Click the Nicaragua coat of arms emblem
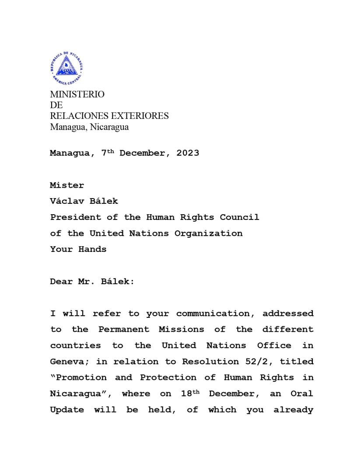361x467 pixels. click(67, 68)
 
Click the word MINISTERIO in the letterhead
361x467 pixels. click(77, 94)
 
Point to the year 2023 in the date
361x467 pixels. click(188, 153)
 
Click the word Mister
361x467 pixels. click(67, 185)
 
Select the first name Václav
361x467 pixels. click(67, 201)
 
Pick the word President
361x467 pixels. click(75, 217)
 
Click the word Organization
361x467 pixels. click(208, 233)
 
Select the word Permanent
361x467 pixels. click(124, 330)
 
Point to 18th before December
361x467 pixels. click(190, 394)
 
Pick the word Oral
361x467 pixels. click(302, 394)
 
